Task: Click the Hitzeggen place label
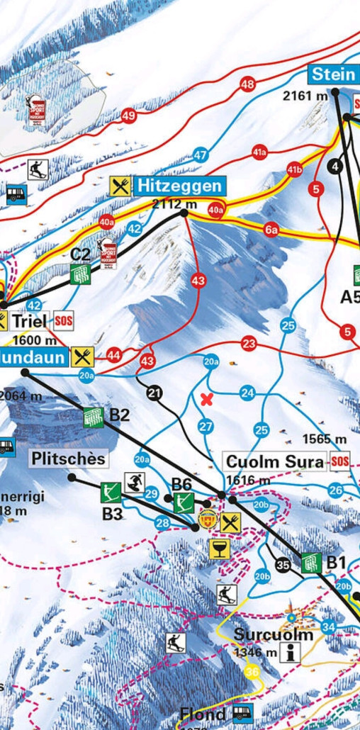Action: [x=180, y=186]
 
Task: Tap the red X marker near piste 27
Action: [x=207, y=399]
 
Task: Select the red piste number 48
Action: [x=247, y=85]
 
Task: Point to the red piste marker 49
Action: [x=128, y=116]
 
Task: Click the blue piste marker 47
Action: [x=201, y=155]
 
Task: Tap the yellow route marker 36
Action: [x=252, y=672]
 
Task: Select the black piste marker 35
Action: [x=283, y=565]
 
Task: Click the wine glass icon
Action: [x=219, y=548]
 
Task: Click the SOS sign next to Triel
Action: [x=64, y=321]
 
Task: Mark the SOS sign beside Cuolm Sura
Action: [x=341, y=462]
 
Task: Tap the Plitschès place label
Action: [x=69, y=459]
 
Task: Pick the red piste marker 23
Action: [x=249, y=344]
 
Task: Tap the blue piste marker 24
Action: [x=247, y=393]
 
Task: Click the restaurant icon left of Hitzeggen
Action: [x=121, y=186]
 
